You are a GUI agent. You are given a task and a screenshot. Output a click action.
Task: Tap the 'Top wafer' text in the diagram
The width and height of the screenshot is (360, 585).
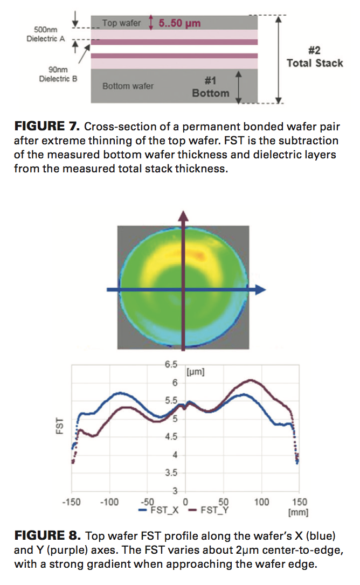(x=121, y=23)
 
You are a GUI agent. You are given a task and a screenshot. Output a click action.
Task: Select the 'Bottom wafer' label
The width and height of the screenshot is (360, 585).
(x=128, y=86)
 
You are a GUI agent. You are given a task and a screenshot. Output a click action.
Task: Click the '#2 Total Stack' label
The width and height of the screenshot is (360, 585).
(x=314, y=57)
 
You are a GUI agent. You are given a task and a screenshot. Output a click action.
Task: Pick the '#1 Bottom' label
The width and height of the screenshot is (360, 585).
(x=210, y=87)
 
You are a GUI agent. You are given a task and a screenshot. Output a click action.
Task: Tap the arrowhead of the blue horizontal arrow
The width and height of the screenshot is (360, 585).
(x=261, y=290)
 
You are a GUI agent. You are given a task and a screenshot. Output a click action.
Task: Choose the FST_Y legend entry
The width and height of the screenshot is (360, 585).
(x=208, y=511)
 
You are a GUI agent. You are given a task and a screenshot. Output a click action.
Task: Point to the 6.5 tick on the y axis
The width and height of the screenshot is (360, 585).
(x=171, y=365)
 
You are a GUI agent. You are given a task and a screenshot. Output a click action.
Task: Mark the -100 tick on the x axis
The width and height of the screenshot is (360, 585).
(x=109, y=503)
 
